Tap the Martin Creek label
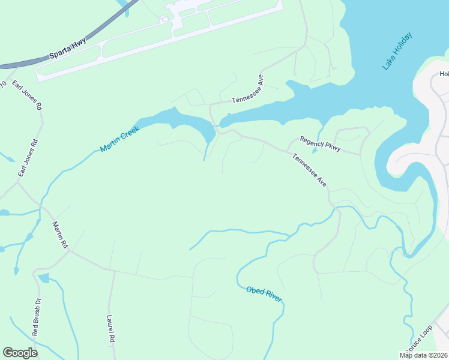(120, 139)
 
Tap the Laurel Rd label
(110, 329)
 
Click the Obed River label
(264, 294)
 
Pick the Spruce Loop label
(418, 340)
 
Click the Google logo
(20, 352)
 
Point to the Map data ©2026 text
(424, 355)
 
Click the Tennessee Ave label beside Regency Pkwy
(309, 170)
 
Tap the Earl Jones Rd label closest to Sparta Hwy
(31, 95)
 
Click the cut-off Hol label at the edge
(444, 74)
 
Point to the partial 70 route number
(2, 86)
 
